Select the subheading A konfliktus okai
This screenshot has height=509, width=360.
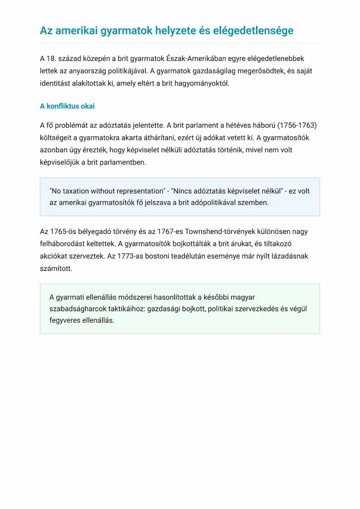pos(67,106)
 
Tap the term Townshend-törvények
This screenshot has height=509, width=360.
pos(217,232)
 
